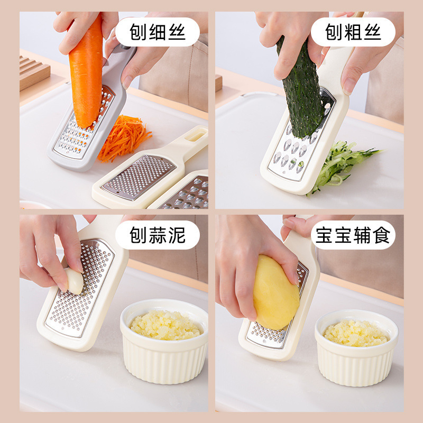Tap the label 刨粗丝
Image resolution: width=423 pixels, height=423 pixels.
(353, 32)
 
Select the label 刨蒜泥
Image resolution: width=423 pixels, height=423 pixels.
(157, 235)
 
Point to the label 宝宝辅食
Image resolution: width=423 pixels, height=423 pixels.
(353, 235)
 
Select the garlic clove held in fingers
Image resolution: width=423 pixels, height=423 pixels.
(74, 280)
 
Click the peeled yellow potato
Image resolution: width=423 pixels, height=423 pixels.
(275, 291)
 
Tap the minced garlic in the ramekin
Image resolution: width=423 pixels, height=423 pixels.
(165, 324)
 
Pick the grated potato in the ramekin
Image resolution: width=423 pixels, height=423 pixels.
(356, 333)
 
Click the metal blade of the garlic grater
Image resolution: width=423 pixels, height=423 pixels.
(79, 296)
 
